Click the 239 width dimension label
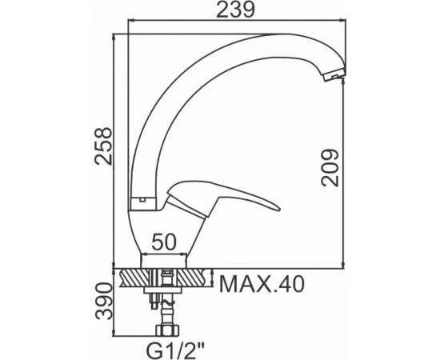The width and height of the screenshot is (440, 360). [236, 10]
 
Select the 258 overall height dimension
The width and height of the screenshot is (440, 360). [103, 146]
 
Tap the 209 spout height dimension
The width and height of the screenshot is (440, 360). [330, 168]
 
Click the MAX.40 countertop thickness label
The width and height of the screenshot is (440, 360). [262, 284]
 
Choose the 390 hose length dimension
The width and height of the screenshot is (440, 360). [103, 301]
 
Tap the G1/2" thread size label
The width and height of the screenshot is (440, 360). [175, 350]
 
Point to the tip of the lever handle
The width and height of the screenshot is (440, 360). [278, 209]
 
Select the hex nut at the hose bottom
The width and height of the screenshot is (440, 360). [168, 330]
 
